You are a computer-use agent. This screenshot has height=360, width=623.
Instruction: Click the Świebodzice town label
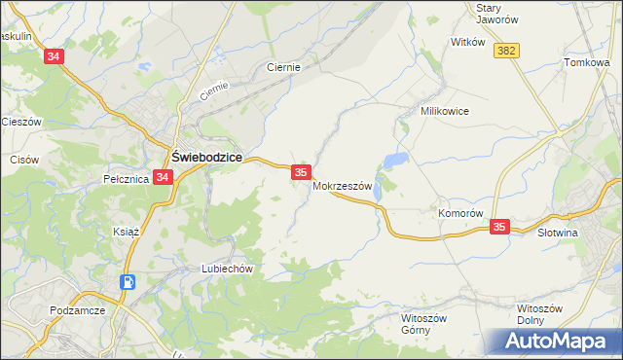pos(206,156)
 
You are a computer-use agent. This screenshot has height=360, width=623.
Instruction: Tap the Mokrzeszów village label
pos(343,187)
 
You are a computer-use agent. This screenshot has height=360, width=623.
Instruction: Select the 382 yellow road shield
pos(504,51)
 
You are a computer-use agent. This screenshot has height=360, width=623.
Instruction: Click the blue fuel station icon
pos(128,282)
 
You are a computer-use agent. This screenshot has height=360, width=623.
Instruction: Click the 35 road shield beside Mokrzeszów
pos(301,172)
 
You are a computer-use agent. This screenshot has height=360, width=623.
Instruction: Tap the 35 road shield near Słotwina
pos(499,227)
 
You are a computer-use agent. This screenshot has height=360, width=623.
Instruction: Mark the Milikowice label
pos(445,111)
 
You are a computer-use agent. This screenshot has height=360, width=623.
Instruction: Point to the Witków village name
pos(468,42)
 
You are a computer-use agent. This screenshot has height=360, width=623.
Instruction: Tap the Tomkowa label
pos(586,62)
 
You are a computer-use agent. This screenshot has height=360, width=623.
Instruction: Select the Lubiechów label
pos(227,268)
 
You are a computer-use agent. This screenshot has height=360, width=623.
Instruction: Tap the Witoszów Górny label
pos(423,324)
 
